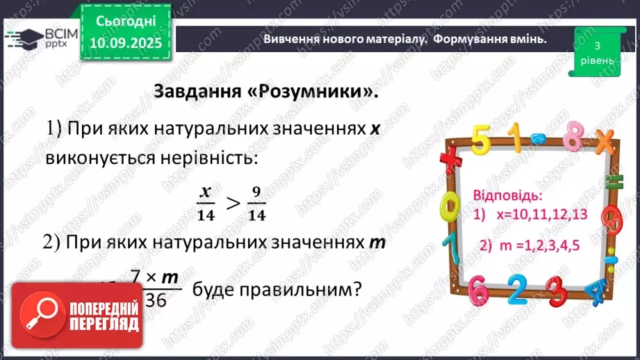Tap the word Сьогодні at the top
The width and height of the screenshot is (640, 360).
tap(126, 22)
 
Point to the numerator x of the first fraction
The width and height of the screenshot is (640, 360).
tap(205, 192)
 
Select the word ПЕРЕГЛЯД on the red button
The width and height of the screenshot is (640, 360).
tap(103, 324)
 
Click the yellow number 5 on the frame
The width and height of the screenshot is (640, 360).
tap(479, 140)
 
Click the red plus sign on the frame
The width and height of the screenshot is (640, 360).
tap(450, 158)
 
